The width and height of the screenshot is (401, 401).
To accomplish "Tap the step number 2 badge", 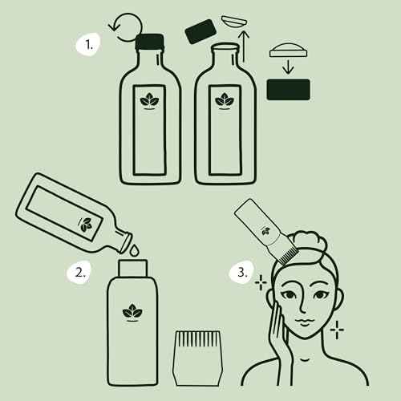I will point(79,271).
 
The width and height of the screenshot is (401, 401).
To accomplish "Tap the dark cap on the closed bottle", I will point(150,43).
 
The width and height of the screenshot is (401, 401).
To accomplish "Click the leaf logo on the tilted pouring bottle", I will point(87,223).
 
